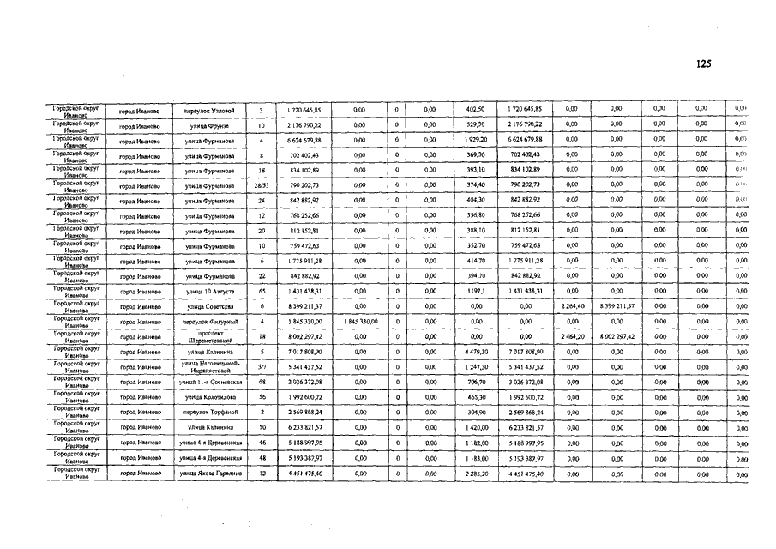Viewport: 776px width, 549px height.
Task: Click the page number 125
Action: click(703, 63)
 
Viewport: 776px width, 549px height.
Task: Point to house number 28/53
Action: click(261, 185)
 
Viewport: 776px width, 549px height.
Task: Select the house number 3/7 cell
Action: click(261, 366)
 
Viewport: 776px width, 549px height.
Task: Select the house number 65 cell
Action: click(261, 291)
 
